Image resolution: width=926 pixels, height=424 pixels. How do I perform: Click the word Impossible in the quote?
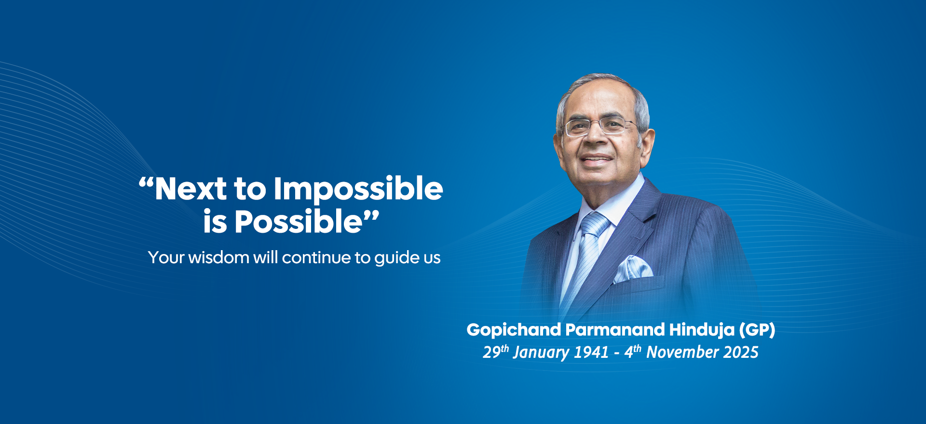click(x=358, y=189)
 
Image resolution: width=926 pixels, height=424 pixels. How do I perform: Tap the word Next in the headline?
click(x=191, y=189)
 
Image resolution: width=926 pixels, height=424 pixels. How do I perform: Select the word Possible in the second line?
click(x=298, y=222)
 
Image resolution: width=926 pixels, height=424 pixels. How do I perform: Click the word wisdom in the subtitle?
click(x=218, y=257)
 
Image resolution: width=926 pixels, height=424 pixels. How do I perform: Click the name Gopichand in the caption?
click(x=514, y=330)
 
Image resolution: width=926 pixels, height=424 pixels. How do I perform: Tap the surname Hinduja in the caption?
click(x=702, y=330)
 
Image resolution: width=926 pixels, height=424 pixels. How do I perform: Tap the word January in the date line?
click(x=541, y=353)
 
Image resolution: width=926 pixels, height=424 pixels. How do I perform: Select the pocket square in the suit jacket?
click(x=632, y=269)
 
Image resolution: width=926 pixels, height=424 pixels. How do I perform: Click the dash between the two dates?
click(x=617, y=353)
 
